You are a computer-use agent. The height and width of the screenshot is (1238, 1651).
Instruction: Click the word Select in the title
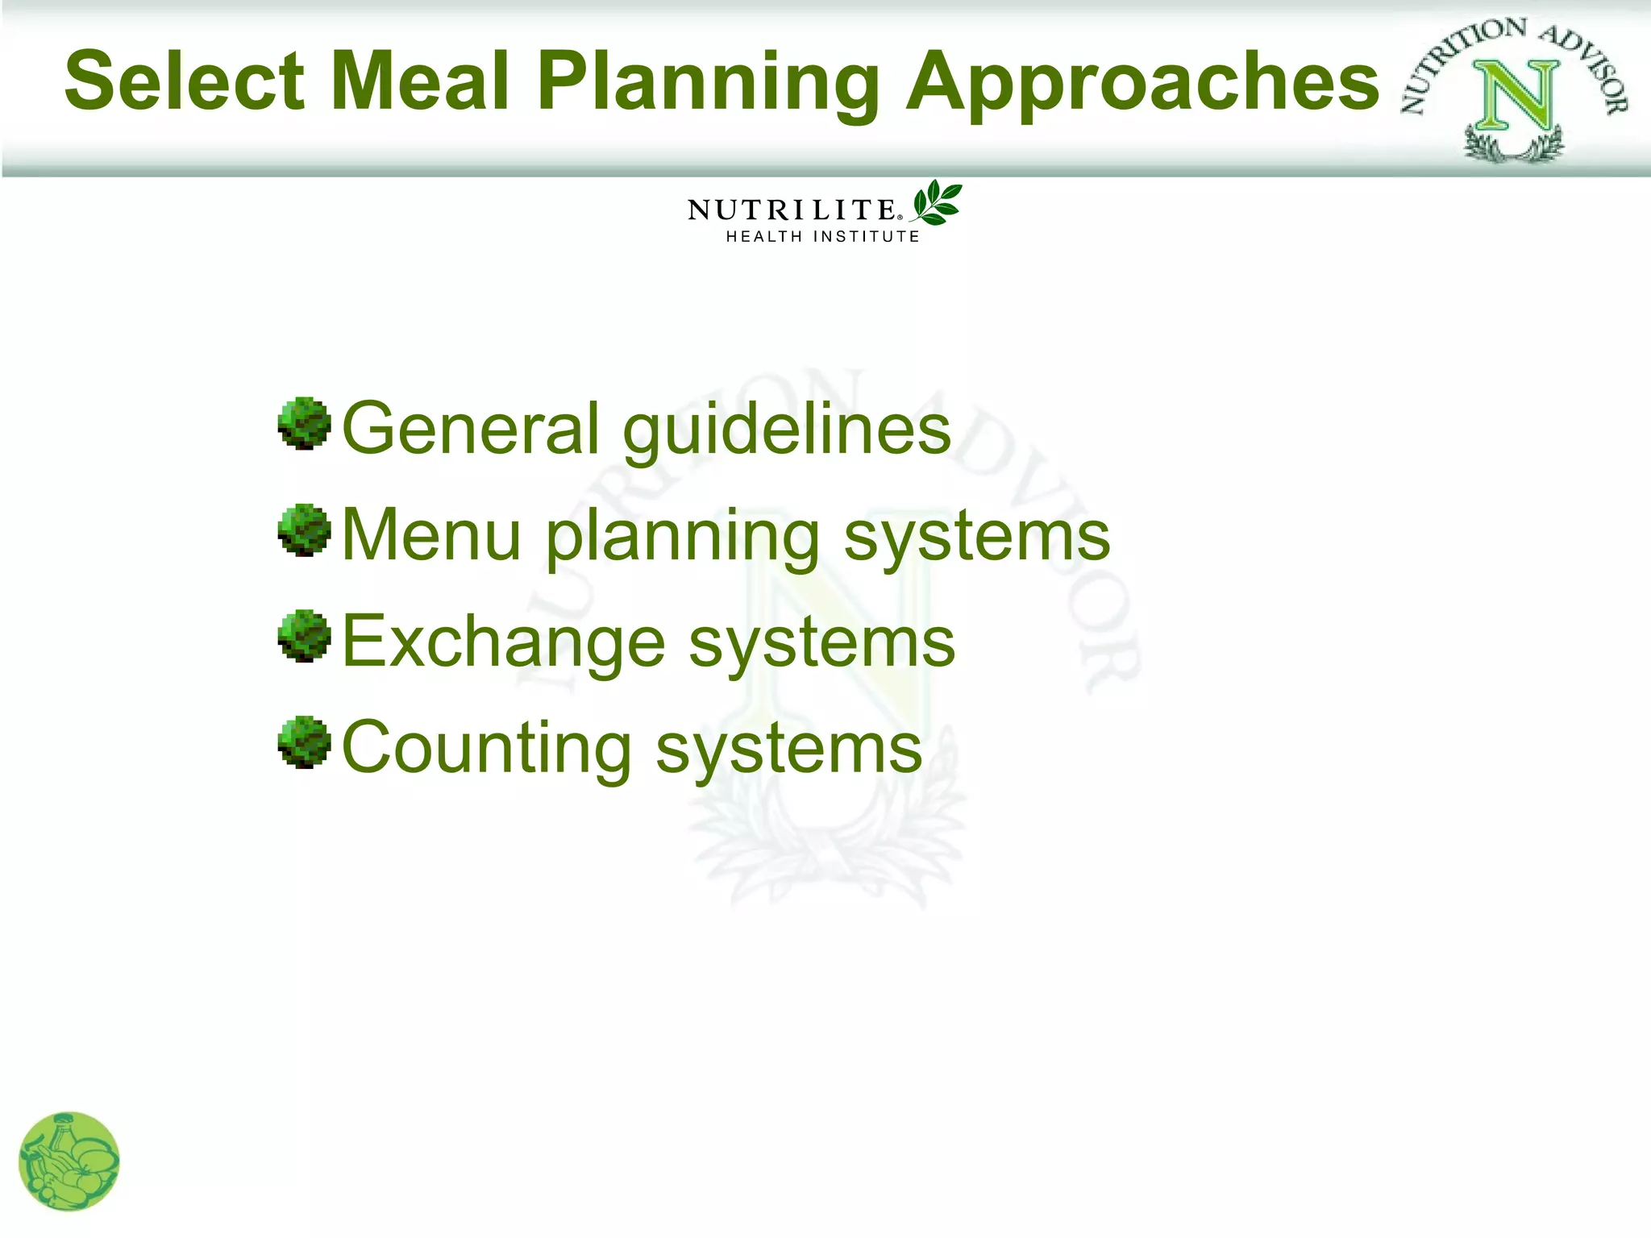coord(185,81)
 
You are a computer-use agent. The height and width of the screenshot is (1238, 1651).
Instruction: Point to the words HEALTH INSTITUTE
coord(822,237)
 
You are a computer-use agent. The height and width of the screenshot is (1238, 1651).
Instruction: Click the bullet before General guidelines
coord(304,423)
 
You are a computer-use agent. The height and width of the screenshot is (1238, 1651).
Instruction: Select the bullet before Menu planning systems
coord(304,530)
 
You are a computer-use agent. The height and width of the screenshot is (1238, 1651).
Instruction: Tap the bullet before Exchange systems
coord(304,637)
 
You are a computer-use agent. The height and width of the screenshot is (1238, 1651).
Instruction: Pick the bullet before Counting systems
coord(304,743)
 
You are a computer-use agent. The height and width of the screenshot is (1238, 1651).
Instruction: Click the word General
coord(470,428)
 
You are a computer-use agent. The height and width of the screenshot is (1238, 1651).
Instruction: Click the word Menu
coord(431,535)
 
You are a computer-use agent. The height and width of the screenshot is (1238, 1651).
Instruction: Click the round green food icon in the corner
coord(69,1161)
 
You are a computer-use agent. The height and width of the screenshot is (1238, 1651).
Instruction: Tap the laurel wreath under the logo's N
coord(1514,147)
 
